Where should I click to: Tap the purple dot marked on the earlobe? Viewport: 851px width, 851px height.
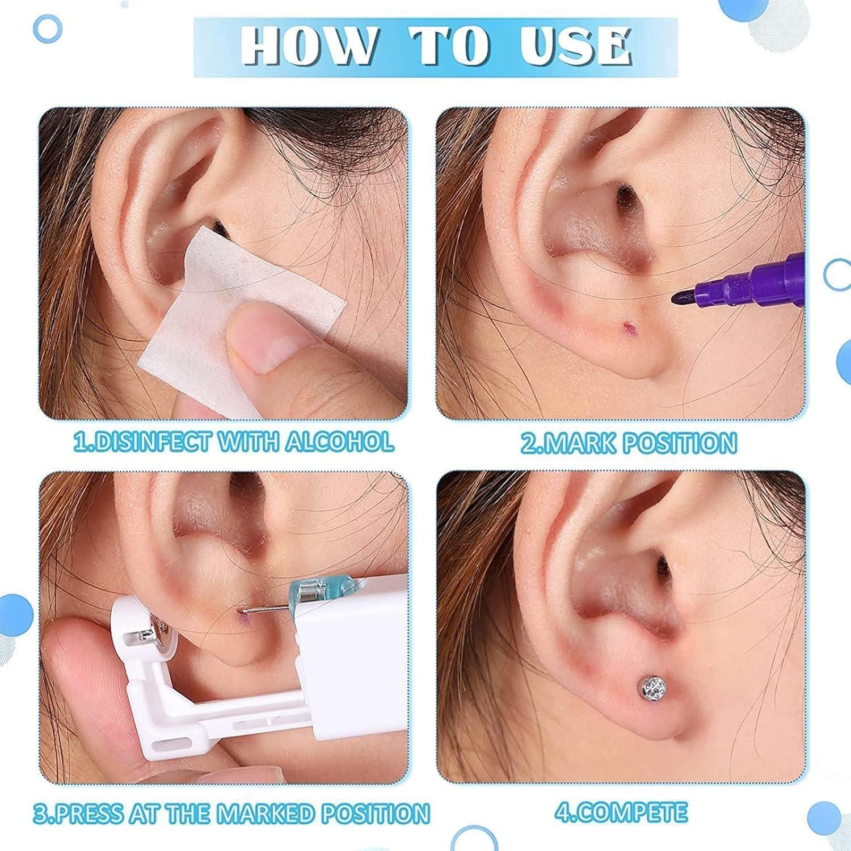(627, 327)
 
